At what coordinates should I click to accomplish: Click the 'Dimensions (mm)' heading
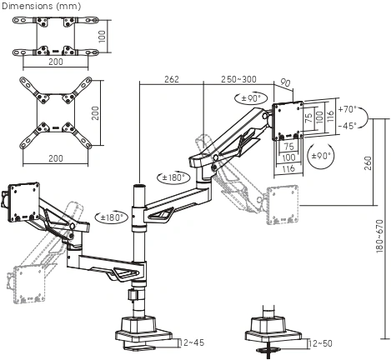point(41,6)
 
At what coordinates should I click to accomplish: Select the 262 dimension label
point(172,79)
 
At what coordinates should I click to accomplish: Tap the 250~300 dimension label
point(238,79)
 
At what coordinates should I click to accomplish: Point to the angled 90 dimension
point(285,82)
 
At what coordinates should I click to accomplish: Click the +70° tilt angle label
point(348,109)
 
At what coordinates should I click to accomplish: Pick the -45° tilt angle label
point(348,126)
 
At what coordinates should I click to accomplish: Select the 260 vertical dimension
point(368,163)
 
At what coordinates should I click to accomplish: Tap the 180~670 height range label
point(379,236)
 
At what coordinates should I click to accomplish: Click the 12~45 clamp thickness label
point(192,342)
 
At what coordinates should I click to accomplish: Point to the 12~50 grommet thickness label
point(320,343)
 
